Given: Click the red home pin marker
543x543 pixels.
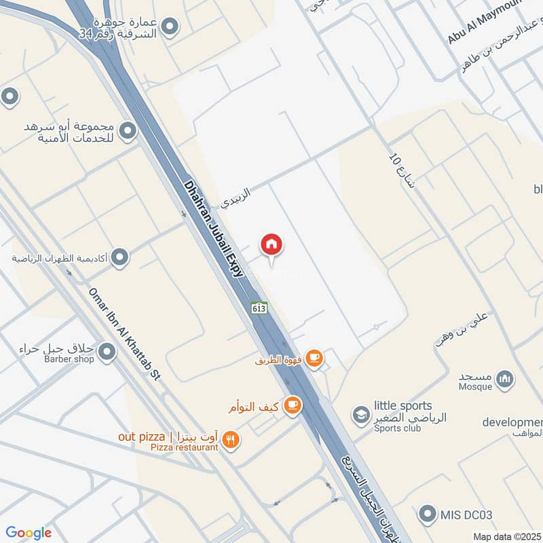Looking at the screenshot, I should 271,245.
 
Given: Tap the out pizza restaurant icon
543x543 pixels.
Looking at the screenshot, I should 231,441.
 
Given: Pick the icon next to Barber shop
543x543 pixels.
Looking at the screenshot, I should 107,352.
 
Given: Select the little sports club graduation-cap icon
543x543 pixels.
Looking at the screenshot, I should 360,413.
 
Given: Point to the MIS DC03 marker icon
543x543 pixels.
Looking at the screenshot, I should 428,514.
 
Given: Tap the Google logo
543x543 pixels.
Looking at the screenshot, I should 29,533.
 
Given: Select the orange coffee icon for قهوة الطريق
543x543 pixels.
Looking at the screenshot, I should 314,358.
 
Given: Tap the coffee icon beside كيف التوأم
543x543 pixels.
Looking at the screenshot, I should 293,406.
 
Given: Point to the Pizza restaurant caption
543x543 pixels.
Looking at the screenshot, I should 184,447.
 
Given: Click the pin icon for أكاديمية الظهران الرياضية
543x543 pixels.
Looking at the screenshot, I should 120,257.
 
